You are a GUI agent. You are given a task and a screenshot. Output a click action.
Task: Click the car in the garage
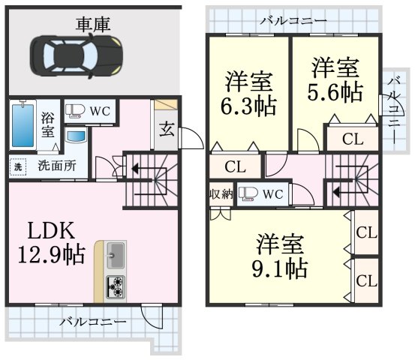coord(77,56)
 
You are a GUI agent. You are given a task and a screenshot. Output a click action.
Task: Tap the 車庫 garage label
coord(92,25)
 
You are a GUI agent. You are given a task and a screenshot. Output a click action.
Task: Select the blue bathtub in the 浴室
coord(23,125)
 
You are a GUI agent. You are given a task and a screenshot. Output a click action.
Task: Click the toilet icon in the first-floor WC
coord(75,111)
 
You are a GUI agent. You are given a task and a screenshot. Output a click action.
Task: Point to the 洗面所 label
coord(57,166)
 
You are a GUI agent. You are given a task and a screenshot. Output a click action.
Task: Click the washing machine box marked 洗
coord(18,167)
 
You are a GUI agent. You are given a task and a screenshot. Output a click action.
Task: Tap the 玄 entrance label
coord(167,129)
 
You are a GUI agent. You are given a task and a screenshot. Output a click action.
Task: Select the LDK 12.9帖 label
coord(52,242)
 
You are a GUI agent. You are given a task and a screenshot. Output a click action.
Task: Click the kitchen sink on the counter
coord(116,255)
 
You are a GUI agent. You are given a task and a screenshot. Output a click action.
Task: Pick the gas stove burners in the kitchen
coord(116,287)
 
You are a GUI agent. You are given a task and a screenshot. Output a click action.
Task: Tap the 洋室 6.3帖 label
coord(249,93)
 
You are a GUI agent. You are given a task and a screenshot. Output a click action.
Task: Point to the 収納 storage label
coord(221,194)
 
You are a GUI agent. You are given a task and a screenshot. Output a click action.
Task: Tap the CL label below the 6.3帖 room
coord(236,166)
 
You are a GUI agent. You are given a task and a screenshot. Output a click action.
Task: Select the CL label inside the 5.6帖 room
coord(353,139)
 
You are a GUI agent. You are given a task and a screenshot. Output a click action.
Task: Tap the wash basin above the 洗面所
coord(77,136)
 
